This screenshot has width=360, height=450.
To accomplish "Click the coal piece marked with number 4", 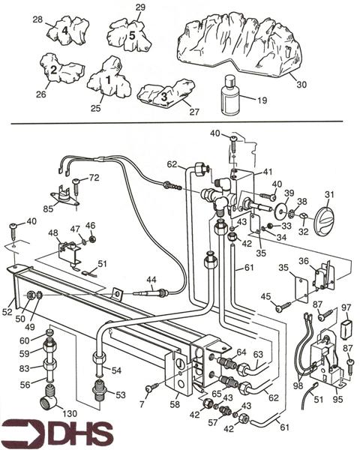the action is [x=67, y=31].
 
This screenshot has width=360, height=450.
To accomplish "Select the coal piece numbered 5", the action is [x=129, y=35].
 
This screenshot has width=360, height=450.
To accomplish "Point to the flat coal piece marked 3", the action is [x=166, y=93].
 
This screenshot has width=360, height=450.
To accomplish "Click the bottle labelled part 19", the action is [x=229, y=95].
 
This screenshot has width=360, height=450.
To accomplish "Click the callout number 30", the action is [x=301, y=84].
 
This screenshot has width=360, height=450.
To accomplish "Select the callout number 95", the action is [x=338, y=399].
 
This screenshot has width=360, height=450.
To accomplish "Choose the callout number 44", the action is [x=151, y=279].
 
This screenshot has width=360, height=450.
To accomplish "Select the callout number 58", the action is [x=175, y=404].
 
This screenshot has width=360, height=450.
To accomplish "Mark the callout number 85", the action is [x=48, y=208].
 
